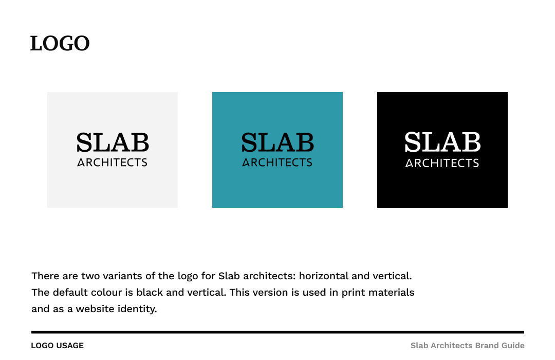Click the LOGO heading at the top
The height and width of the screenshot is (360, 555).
click(x=60, y=44)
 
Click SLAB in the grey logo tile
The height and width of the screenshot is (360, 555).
click(x=113, y=142)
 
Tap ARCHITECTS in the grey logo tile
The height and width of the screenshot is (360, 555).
click(x=113, y=163)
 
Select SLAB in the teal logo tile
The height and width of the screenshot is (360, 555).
click(x=277, y=142)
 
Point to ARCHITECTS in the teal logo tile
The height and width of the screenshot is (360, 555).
click(x=277, y=163)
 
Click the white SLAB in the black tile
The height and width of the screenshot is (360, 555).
click(x=442, y=142)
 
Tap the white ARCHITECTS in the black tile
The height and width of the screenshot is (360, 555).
click(x=442, y=163)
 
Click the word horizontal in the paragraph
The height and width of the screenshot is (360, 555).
click(x=324, y=276)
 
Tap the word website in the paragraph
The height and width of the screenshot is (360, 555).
click(x=97, y=309)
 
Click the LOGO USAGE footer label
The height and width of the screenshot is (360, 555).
click(x=57, y=346)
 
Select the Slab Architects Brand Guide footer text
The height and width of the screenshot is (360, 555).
click(x=467, y=346)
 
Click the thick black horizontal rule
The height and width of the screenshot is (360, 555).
click(x=277, y=332)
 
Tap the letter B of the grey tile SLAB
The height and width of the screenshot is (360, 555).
click(x=140, y=142)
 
